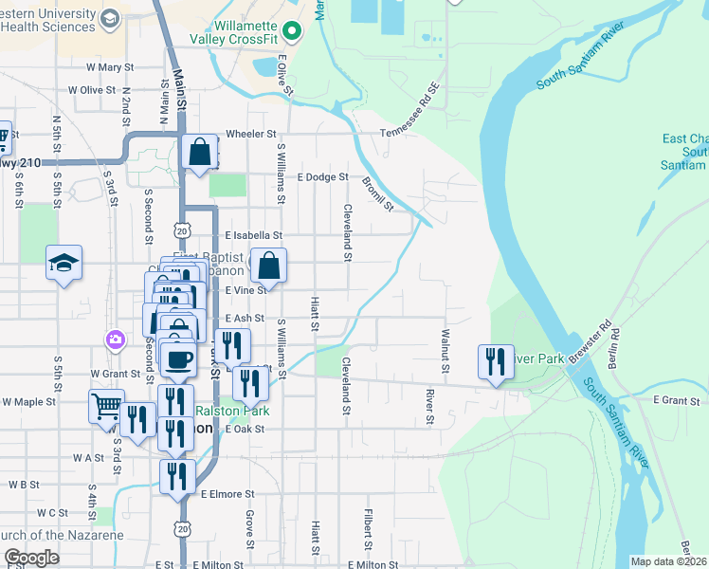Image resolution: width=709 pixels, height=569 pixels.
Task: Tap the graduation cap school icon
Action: (64, 262)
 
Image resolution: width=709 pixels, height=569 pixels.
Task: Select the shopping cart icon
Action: (106, 406)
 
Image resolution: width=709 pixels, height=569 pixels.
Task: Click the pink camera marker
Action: (115, 339)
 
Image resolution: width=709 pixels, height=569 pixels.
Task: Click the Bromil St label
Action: (377, 192)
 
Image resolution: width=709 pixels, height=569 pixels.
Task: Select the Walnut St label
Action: (445, 343)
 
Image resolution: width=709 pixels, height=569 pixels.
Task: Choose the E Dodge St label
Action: (322, 177)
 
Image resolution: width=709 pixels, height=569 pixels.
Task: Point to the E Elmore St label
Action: (227, 494)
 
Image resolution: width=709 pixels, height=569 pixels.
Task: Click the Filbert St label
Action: (367, 532)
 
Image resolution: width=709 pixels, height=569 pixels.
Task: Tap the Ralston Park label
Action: (232, 411)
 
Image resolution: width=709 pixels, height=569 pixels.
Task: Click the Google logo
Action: (31, 558)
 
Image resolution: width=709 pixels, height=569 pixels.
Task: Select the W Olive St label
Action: (91, 90)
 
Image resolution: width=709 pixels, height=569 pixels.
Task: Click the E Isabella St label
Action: (253, 235)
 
